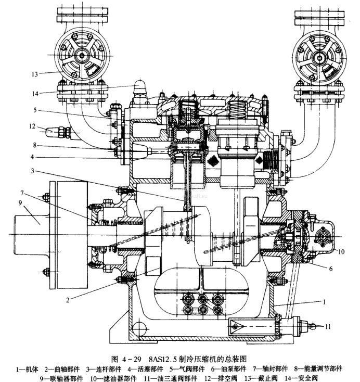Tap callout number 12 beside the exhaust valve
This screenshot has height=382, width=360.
click(x=32, y=126)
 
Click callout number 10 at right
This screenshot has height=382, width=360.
click(x=341, y=252)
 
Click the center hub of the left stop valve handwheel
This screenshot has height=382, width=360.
click(x=81, y=55)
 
